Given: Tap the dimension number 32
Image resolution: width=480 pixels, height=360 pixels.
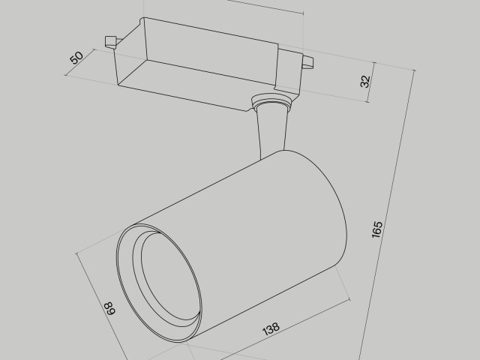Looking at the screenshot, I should click(x=366, y=81).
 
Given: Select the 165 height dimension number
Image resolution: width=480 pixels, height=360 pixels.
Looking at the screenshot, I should click(x=377, y=229).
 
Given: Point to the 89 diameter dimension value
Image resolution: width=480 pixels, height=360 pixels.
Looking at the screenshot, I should click(x=109, y=307).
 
